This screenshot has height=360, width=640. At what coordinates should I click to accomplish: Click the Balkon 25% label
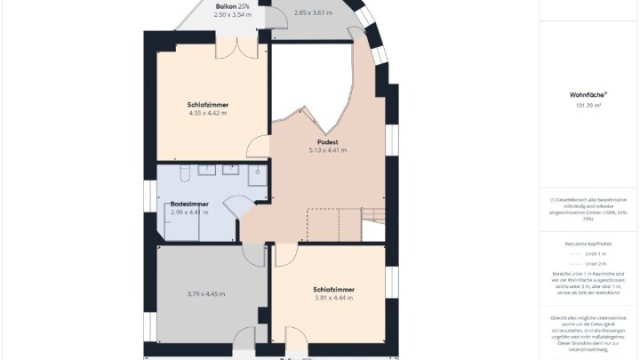click(x=231, y=5)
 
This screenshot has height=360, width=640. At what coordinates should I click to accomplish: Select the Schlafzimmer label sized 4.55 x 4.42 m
click(x=207, y=104)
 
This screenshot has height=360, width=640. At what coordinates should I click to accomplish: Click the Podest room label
click(x=327, y=141)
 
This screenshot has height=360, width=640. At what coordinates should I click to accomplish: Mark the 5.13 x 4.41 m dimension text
click(x=327, y=150)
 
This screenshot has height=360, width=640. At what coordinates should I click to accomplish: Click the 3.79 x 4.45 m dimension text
click(x=205, y=293)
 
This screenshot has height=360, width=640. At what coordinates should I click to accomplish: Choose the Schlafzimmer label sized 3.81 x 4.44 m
click(x=334, y=289)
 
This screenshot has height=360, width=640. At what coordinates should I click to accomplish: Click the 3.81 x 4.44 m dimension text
click(x=334, y=298)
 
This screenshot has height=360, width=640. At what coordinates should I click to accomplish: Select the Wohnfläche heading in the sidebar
click(x=588, y=94)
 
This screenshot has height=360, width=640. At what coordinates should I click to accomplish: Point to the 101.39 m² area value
click(x=588, y=105)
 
